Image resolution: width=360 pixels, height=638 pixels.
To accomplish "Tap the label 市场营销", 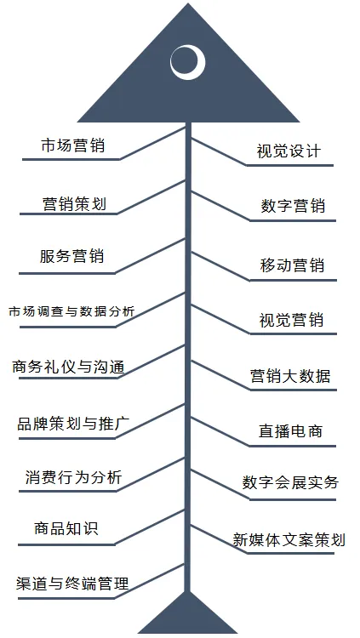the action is [73, 145].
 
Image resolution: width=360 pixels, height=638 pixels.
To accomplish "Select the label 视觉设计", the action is [289, 151].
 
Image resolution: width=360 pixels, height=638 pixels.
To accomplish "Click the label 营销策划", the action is [75, 204].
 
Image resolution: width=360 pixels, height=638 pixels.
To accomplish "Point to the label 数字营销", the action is [293, 207].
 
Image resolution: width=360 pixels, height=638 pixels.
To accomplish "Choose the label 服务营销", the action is [71, 257].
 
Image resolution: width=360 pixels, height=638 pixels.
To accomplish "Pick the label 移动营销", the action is [292, 265].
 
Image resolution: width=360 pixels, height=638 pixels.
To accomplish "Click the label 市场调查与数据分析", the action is [71, 312].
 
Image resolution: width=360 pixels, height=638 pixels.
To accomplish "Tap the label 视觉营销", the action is [291, 320].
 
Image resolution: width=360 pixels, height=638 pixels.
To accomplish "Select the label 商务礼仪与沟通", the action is [68, 367].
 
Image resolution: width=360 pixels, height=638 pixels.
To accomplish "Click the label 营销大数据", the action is [290, 376].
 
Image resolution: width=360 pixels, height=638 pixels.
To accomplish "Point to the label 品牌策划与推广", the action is [74, 424].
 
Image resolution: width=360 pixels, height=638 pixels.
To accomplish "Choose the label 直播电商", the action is [290, 431].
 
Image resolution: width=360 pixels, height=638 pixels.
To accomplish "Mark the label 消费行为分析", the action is [74, 477].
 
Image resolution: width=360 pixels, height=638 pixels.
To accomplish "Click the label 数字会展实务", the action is [290, 482].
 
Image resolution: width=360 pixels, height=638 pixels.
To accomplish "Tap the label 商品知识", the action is [66, 528].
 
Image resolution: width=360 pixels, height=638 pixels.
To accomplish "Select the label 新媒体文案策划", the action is [289, 539].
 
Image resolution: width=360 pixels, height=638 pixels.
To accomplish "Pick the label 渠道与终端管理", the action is [72, 583].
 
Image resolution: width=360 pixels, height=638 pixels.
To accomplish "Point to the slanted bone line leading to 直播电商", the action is [220, 431].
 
